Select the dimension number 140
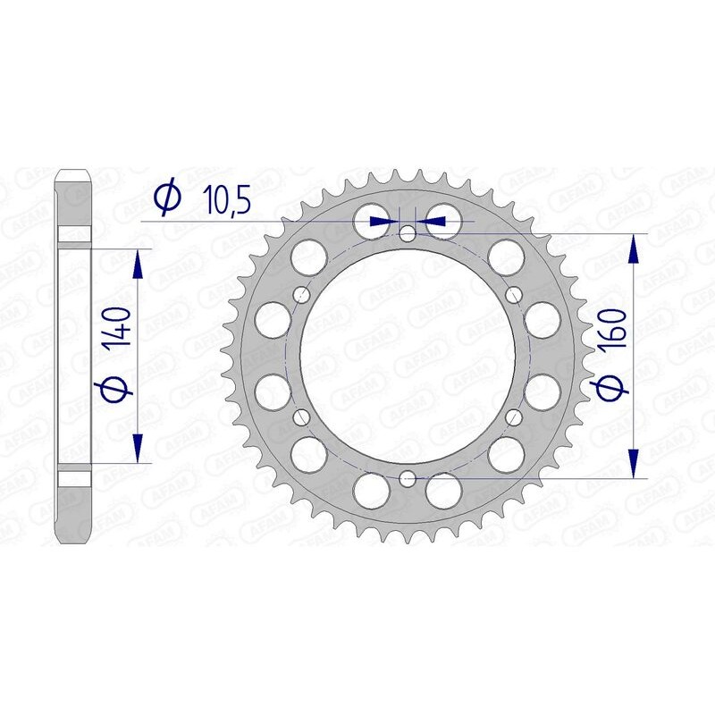point(122,332)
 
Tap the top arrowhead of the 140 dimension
point(138,265)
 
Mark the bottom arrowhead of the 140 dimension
point(138,448)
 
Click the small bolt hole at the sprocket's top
point(408,235)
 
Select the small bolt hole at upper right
point(513,295)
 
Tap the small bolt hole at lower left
point(301,416)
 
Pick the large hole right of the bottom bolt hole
point(443,490)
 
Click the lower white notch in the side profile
point(75,476)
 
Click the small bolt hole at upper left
point(301,295)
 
